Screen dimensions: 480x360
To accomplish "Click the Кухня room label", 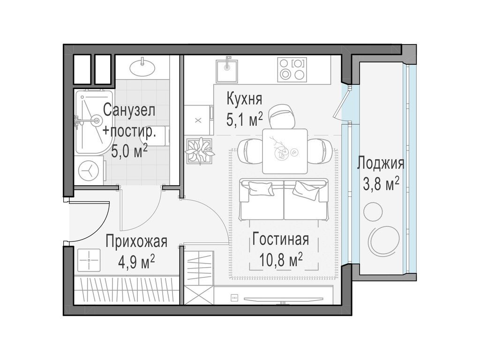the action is pos(244,99).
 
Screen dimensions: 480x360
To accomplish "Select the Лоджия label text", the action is pos(381,164).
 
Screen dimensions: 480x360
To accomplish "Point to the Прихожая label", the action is pos(136,241).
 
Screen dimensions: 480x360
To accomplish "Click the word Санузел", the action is pos(129,110).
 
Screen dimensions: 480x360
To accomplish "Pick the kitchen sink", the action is pos(227,71).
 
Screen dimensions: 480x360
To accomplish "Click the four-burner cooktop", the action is pos(292,69).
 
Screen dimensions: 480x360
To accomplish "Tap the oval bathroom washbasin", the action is pos(142,67).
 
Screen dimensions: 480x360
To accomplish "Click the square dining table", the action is pos(285,151).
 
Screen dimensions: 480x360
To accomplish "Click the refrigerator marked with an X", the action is pos(199,120).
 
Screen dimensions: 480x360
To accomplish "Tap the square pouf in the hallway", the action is pos(89,260).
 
